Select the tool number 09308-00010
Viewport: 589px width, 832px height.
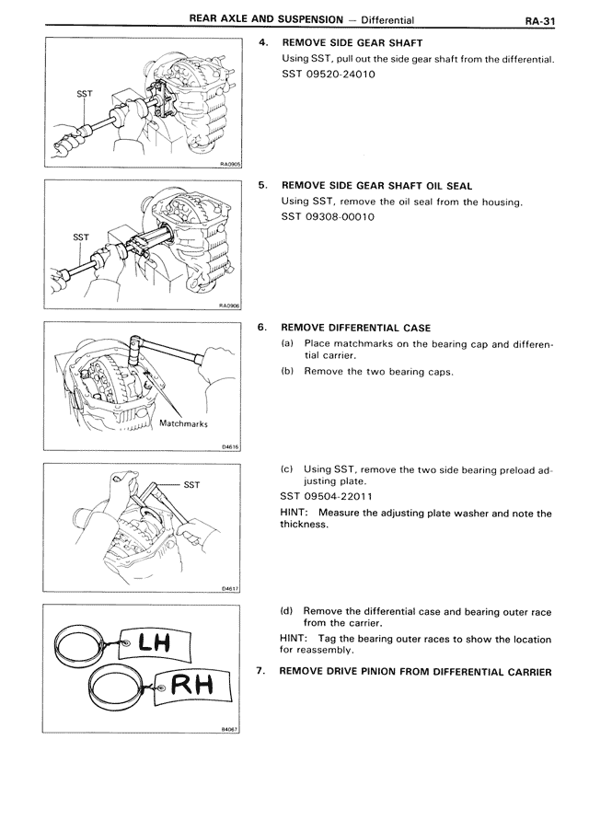click(342, 216)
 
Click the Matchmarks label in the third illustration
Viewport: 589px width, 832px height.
click(185, 424)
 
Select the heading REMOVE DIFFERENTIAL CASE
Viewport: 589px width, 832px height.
click(355, 327)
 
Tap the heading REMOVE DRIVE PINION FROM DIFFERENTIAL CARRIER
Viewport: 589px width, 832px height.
click(415, 671)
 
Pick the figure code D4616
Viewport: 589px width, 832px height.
click(230, 447)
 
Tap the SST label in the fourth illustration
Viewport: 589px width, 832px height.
click(191, 484)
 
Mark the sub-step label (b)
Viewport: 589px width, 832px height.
click(287, 373)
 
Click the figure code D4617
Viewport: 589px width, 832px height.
click(230, 589)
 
